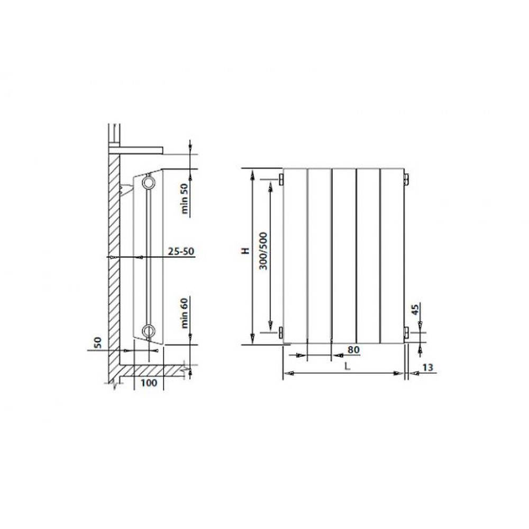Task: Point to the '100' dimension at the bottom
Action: [149, 382]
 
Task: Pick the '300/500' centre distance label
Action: [263, 251]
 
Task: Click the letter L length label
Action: [345, 366]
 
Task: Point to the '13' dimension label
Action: [427, 367]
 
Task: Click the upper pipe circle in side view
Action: [149, 184]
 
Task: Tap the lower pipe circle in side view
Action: [149, 331]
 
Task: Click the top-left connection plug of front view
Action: [281, 179]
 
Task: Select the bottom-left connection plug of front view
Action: [281, 332]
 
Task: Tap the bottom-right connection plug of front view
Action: [406, 332]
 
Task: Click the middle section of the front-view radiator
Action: [344, 254]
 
